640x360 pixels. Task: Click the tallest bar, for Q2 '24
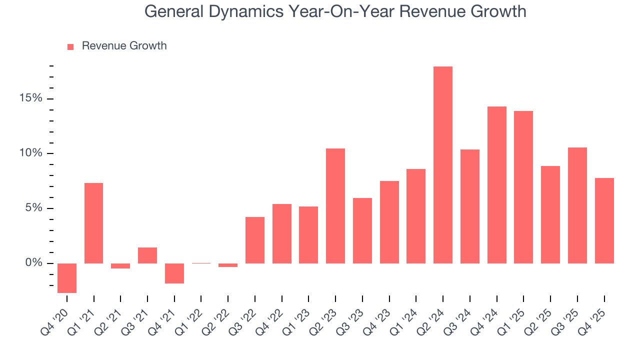[x=443, y=165]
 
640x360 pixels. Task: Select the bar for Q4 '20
[x=67, y=278]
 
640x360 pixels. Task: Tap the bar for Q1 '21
[x=94, y=223]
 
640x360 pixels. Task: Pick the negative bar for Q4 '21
[x=174, y=273]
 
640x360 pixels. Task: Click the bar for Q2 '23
[x=335, y=206]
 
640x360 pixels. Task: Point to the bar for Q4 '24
[x=497, y=185]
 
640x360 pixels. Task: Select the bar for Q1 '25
[x=523, y=187]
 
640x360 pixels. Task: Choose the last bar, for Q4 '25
[x=604, y=220]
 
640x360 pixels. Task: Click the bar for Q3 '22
[x=255, y=240]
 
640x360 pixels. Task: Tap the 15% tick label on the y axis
[x=30, y=98]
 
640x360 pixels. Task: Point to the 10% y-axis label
[x=30, y=153]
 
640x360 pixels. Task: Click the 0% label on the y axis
[x=33, y=263]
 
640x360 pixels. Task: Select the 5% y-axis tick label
[x=33, y=208]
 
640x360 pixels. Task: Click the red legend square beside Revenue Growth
[x=70, y=46]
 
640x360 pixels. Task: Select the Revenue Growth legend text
[x=124, y=46]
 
